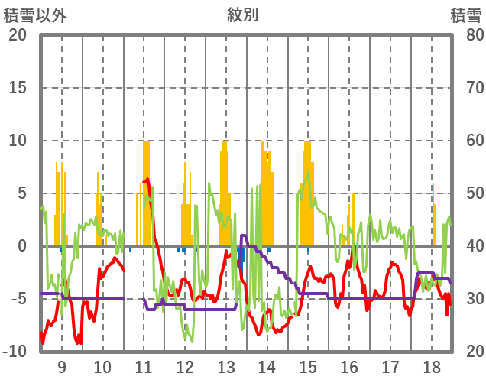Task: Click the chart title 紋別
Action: (x=243, y=15)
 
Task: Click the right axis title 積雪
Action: (x=464, y=15)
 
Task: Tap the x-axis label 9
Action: (x=61, y=365)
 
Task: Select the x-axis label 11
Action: (x=144, y=365)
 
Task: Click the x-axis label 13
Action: (x=225, y=365)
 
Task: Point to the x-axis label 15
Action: (x=308, y=365)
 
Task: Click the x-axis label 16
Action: (x=349, y=365)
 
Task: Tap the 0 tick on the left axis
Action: (x=21, y=246)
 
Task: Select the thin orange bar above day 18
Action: (x=433, y=214)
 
